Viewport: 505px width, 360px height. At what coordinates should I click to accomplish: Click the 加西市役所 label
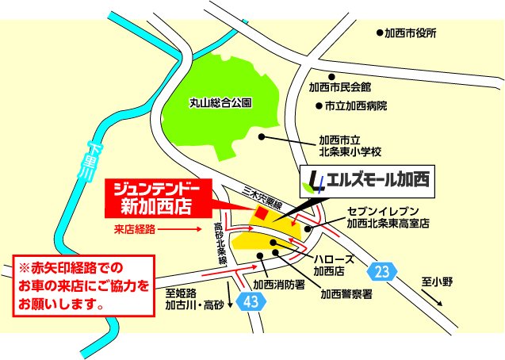pyautogui.click(x=411, y=33)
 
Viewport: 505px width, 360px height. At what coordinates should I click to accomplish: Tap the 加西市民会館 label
pyautogui.click(x=340, y=86)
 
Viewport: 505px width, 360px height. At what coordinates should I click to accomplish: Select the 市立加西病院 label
pyautogui.click(x=350, y=105)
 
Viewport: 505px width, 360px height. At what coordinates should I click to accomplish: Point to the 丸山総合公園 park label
pyautogui.click(x=220, y=103)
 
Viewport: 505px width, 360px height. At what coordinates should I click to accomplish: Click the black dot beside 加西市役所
pyautogui.click(x=379, y=34)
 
